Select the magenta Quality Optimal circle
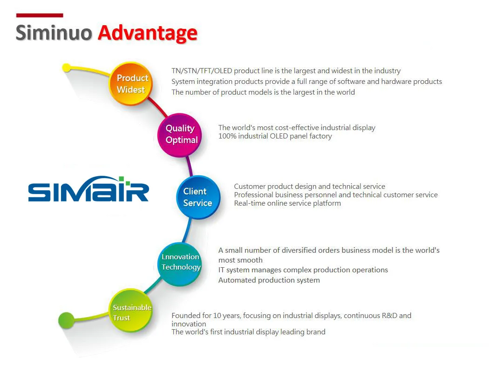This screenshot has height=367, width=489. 181,134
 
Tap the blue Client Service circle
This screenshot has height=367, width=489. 197,197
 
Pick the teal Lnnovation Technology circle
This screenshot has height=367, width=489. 180,262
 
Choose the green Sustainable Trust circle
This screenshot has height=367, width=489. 132,312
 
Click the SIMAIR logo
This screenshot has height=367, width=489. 88,189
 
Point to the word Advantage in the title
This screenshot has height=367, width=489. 147,34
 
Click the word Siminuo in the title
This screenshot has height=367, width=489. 54,34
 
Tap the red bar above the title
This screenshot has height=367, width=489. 40,15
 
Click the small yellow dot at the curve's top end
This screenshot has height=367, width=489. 67,68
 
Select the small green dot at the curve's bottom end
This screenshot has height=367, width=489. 66,320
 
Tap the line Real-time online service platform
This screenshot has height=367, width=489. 287,203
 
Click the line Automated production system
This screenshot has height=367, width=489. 269,280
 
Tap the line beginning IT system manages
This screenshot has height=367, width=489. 303,270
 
